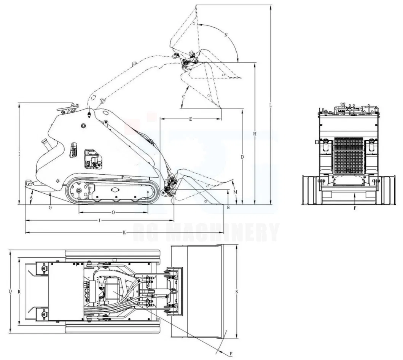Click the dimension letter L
pyautogui.click(x=270, y=104)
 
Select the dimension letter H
pyautogui.click(x=255, y=134)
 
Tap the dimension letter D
pyautogui.click(x=242, y=157)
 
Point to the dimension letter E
pyautogui.click(x=190, y=119)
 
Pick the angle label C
pyautogui.click(x=184, y=97)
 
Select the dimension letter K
pyautogui.click(x=124, y=233)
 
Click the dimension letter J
pyautogui.click(x=99, y=220)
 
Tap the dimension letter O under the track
pyautogui.click(x=113, y=213)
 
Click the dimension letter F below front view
pyautogui.click(x=355, y=208)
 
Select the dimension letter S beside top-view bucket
pyautogui.click(x=237, y=292)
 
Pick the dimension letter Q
pyautogui.click(x=10, y=292)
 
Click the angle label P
pyautogui.click(x=231, y=354)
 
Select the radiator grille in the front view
pyautogui.click(x=349, y=156)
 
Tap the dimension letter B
pyautogui.click(x=228, y=207)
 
